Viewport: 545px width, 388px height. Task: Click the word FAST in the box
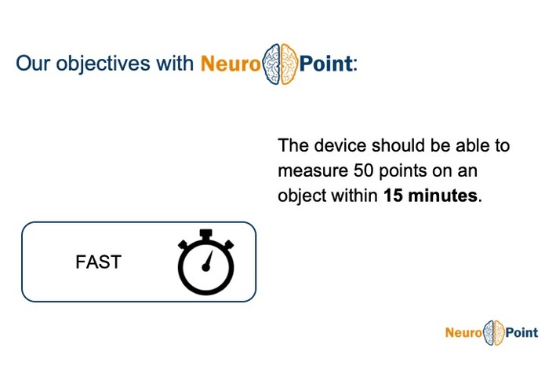(98, 262)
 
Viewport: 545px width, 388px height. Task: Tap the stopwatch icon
(205, 263)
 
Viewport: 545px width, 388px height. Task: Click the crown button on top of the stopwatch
(205, 234)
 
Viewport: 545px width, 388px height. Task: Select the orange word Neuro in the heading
(231, 64)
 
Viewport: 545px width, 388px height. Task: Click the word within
(357, 196)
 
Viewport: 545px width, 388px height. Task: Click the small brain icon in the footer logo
(493, 333)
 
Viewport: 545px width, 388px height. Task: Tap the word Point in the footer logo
(521, 333)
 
